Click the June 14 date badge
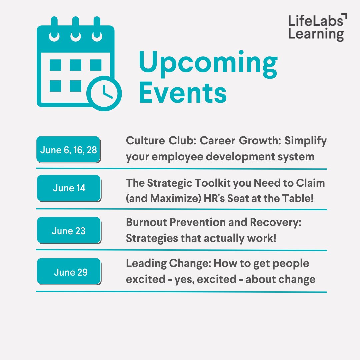point(69,188)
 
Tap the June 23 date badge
point(69,230)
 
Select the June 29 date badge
point(69,272)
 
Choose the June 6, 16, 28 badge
point(68,150)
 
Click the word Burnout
point(147,223)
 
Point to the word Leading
point(146,263)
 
